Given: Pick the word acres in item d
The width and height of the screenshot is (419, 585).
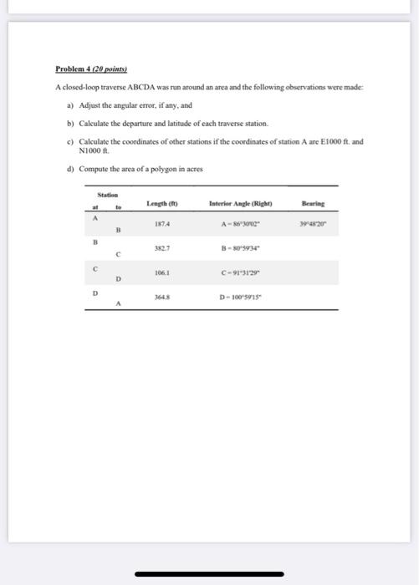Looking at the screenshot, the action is click(194, 169).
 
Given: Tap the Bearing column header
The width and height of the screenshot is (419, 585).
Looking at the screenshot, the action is click(314, 203).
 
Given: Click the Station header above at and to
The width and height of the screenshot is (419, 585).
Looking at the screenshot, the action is click(108, 195).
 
